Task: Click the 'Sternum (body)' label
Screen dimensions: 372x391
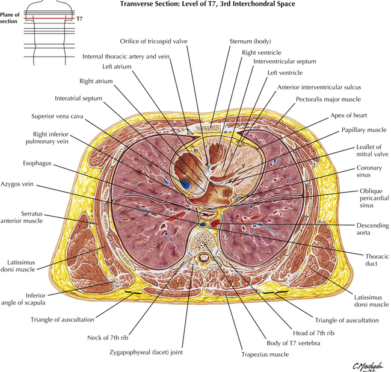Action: [x=248, y=42]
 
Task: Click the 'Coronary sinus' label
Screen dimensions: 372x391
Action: [x=368, y=174]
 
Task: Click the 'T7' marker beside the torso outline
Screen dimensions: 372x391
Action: [x=79, y=19]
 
